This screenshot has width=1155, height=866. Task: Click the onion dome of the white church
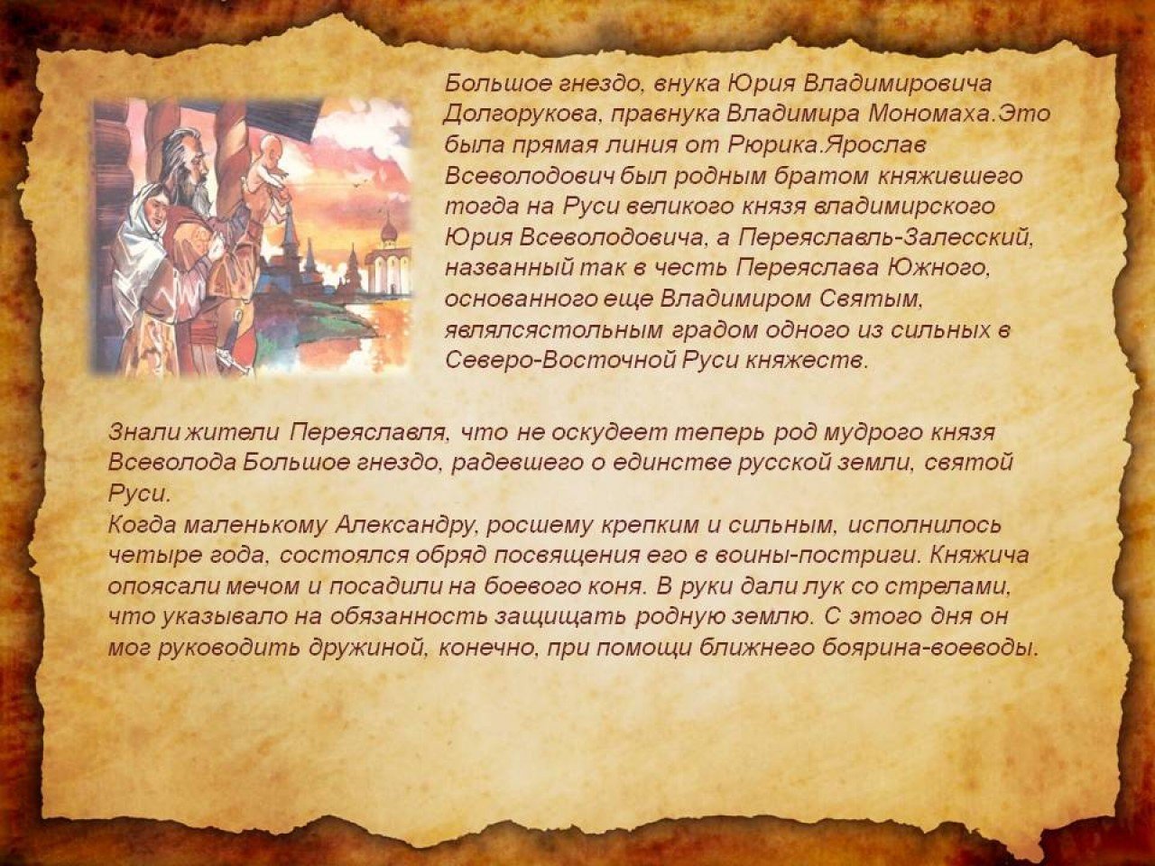(391, 230)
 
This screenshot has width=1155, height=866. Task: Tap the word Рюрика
(773, 145)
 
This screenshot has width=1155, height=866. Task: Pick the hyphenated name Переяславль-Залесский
(885, 237)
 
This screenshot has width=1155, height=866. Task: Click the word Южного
(936, 268)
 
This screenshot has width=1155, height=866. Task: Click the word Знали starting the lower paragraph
(141, 432)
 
